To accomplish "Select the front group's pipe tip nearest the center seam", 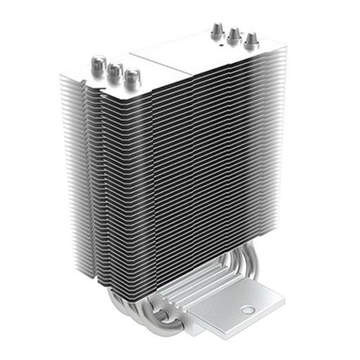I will pos(131,76).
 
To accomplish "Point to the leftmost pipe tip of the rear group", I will pos(217,30).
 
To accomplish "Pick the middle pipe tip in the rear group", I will pos(233,34).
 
